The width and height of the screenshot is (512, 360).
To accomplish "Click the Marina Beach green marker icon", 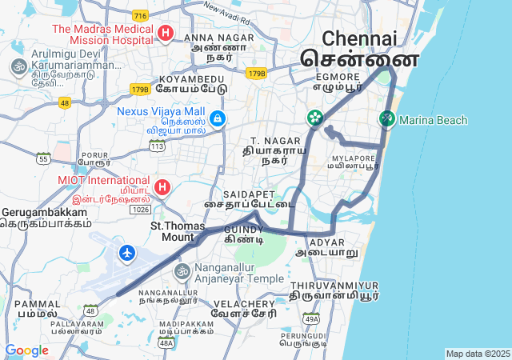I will (387, 119).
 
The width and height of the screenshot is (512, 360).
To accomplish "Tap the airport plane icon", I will (127, 253).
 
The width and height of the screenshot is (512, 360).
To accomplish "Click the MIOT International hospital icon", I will (162, 187).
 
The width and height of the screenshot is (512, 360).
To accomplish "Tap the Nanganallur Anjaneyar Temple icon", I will (182, 272).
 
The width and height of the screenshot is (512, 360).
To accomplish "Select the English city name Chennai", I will (359, 38).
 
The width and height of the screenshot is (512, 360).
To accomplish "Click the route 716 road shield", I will (141, 16).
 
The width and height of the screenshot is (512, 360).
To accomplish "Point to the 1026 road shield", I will (141, 209).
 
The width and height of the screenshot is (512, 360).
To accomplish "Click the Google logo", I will (26, 350).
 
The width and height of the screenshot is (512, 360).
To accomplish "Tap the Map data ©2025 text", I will (478, 354).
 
